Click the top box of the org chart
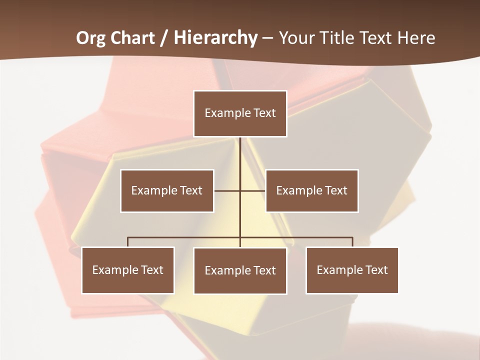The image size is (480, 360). pos(240,113)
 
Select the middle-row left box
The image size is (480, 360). pos(167,190)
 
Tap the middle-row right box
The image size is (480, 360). pos(312,190)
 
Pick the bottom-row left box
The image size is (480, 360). pos(128,270)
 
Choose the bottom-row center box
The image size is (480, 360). pos(240,270)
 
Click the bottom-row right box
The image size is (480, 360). pos(352,270)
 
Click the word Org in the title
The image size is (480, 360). pos(90,38)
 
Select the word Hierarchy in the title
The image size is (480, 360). pos(215,38)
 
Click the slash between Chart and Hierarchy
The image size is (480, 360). pos(164,38)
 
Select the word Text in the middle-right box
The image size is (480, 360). pos(336,190)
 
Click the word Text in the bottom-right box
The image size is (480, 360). pos(376,270)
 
